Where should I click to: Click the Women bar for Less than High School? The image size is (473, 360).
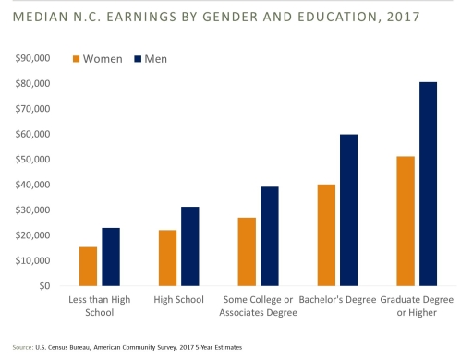pyautogui.click(x=88, y=267)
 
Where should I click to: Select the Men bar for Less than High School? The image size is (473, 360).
pyautogui.click(x=110, y=257)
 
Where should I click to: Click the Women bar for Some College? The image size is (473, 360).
pyautogui.click(x=247, y=252)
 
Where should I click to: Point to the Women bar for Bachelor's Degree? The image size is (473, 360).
pyautogui.click(x=326, y=235)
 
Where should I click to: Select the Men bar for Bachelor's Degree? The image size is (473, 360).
pyautogui.click(x=348, y=210)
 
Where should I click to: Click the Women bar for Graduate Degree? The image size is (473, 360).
pyautogui.click(x=406, y=222)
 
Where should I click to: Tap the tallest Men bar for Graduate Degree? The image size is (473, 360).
pyautogui.click(x=428, y=184)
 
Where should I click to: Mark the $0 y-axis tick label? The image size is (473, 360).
pyautogui.click(x=44, y=286)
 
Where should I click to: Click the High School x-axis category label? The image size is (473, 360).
pyautogui.click(x=178, y=301)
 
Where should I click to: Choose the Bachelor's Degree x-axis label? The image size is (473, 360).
pyautogui.click(x=336, y=301)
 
